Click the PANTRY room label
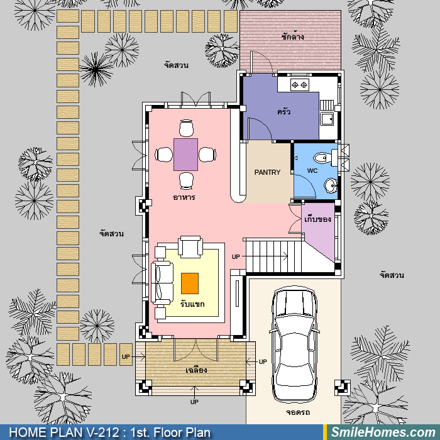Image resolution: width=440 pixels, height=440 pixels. (x=267, y=172)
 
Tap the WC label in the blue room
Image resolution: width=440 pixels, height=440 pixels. (x=312, y=170)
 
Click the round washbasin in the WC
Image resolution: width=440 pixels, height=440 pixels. (x=331, y=185)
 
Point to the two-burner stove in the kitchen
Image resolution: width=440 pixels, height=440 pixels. (x=299, y=84)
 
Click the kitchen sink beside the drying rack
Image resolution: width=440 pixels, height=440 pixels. (x=327, y=119)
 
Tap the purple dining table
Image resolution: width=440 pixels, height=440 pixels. (x=185, y=155)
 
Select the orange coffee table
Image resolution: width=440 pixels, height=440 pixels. (x=190, y=283)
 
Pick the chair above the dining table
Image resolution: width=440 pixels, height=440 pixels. (x=186, y=128)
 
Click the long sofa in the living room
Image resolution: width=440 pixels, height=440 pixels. (x=162, y=283)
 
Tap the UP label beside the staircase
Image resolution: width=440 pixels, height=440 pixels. (x=236, y=256)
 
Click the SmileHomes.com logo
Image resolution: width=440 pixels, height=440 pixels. (x=383, y=432)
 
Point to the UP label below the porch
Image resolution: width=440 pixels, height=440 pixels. (x=194, y=402)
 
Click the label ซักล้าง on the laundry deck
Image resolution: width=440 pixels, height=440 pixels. (x=293, y=36)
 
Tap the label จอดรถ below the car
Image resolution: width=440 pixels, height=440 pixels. (x=298, y=412)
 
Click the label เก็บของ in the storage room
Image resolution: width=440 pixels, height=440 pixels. (x=317, y=219)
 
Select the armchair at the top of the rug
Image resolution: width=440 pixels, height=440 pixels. (x=190, y=246)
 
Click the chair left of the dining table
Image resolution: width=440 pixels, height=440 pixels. (x=164, y=155)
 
